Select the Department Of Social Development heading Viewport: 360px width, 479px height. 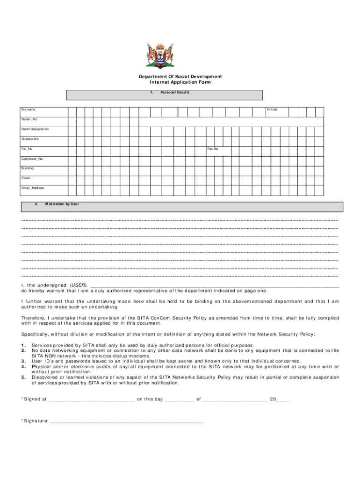point(180,76)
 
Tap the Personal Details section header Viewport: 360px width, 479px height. point(175,93)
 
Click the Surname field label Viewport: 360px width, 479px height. point(28,109)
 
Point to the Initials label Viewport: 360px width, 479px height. point(272,109)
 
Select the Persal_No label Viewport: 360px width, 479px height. point(29,119)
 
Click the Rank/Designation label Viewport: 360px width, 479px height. point(35,129)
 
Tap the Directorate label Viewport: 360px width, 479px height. point(30,139)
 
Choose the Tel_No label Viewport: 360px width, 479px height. point(27,149)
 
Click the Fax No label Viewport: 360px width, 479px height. point(213,149)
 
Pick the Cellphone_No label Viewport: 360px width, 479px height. point(32,159)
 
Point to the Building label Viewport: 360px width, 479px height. point(27,168)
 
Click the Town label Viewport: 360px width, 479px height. point(25,178)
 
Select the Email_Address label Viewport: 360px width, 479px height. point(32,188)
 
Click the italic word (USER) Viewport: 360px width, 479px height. point(78,285)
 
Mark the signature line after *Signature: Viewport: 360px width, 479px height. point(126,421)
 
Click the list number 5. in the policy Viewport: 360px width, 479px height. point(23,377)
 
